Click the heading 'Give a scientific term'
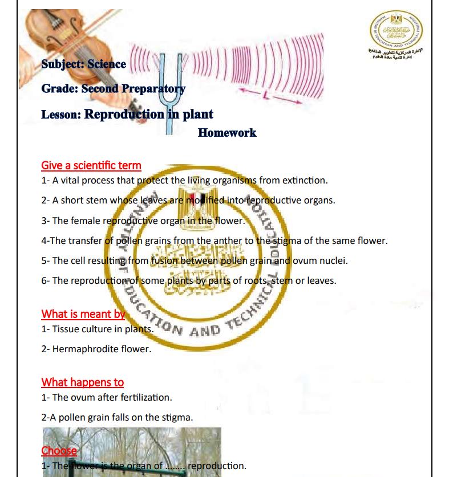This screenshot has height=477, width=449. (x=91, y=166)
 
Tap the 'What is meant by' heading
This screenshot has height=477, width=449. (x=83, y=314)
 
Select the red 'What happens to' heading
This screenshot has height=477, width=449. (x=82, y=382)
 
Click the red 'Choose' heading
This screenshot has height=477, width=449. (x=59, y=451)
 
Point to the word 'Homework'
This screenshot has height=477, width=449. (x=227, y=133)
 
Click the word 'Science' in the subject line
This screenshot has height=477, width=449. (x=107, y=64)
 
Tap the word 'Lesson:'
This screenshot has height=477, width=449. (x=61, y=114)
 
